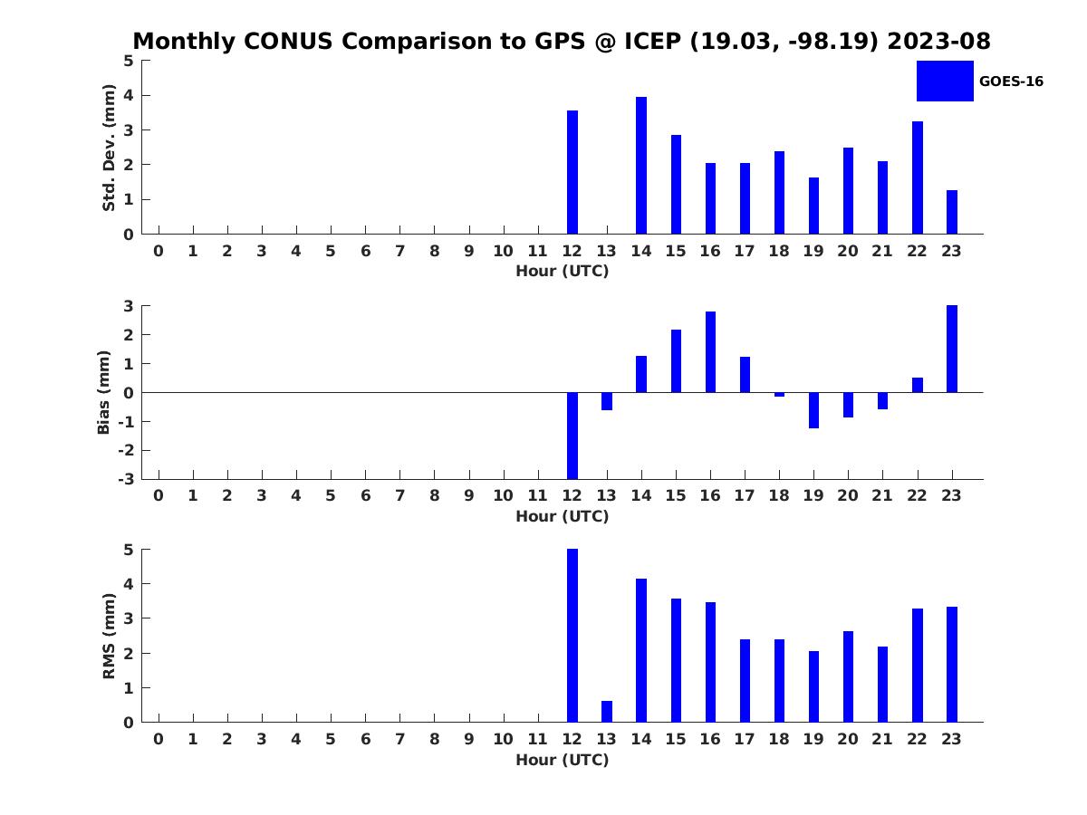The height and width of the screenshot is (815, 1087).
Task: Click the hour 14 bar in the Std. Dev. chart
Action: coord(640,166)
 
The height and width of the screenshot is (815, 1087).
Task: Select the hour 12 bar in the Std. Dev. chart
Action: coord(572,172)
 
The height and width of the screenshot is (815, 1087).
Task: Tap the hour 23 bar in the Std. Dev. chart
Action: coord(951,212)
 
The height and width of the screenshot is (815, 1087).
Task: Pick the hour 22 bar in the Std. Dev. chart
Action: coord(917,177)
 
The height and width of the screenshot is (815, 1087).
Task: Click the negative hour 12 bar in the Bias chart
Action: coord(572,436)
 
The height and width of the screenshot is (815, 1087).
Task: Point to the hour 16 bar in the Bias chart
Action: coord(710,352)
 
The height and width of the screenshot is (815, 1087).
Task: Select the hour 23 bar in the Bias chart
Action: coord(951,349)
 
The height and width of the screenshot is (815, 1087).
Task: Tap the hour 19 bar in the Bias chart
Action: coord(813,410)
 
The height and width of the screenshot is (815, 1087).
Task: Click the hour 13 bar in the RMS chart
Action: coord(607,711)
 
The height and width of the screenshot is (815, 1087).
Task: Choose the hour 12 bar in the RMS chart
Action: coord(572,636)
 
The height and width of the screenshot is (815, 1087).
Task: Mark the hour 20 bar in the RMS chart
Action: coord(848,676)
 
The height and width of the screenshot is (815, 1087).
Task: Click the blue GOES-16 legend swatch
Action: coord(945,81)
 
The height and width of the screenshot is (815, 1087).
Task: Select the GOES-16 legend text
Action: coord(1011,81)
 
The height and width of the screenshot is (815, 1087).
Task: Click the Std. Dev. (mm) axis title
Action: coord(109,148)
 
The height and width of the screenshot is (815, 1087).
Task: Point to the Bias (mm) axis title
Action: coord(103,392)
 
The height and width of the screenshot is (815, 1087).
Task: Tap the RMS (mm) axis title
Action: coord(109,636)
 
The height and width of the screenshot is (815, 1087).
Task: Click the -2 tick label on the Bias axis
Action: coord(126,450)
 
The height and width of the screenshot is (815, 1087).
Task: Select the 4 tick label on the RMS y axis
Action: coord(129,584)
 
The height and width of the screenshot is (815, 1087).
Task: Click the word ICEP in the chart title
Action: coord(652,41)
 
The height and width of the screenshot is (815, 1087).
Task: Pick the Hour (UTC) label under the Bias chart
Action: coord(563,516)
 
